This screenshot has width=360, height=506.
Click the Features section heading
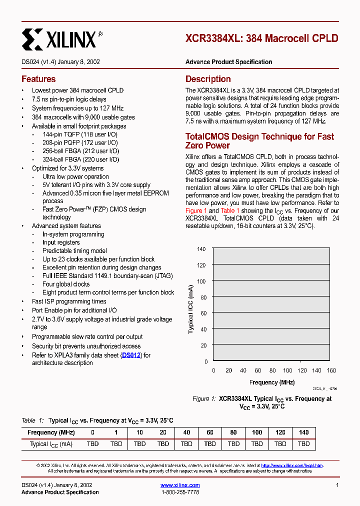[x=38, y=79]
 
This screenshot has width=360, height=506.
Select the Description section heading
[x=208, y=79]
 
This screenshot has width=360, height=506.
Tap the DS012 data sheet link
[x=131, y=355]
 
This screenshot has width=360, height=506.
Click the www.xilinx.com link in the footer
[x=180, y=485]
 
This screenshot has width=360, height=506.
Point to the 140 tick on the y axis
[x=201, y=249]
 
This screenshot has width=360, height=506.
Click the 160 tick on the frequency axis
[x=331, y=370]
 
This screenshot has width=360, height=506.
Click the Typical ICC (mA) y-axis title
[x=191, y=309]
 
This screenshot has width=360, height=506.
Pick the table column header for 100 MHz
[x=256, y=432]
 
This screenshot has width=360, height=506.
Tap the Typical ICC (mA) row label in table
[x=51, y=444]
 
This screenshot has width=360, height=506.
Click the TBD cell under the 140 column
[x=303, y=444]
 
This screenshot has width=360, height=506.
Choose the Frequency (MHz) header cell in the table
[x=51, y=432]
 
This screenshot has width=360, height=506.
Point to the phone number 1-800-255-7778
[x=180, y=492]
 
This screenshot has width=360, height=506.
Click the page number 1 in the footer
[x=337, y=485]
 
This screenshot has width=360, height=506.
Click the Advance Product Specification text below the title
[x=228, y=62]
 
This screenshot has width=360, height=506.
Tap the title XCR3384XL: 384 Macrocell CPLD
[x=261, y=38]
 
